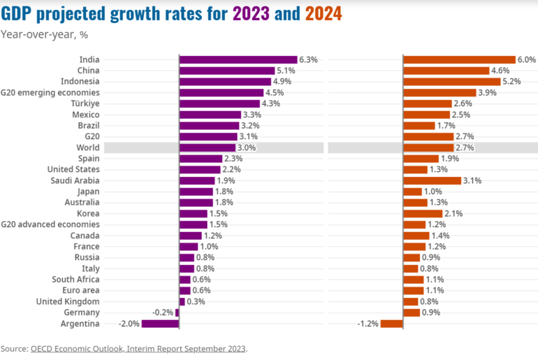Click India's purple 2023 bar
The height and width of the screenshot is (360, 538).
tap(238, 59)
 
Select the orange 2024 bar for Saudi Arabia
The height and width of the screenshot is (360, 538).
tap(431, 180)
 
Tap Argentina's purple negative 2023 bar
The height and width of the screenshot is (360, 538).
tap(160, 324)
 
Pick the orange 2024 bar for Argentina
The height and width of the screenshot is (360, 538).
tap(391, 324)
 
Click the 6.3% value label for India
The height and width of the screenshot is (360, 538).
tap(309, 59)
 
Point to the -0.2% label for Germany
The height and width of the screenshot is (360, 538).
tap(163, 312)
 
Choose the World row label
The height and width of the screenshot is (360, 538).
tap(88, 147)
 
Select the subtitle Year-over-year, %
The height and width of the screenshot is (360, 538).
tap(39, 34)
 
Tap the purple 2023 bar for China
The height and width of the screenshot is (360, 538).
tap(226, 71)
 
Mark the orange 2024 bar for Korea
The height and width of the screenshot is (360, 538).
tap(422, 213)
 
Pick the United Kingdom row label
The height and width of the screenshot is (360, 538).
tap(68, 301)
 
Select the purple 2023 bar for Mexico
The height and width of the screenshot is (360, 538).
tap(210, 115)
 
